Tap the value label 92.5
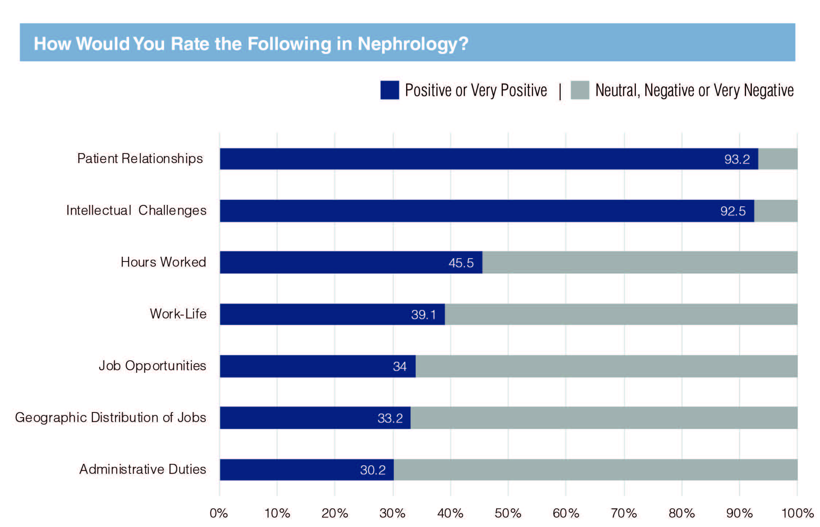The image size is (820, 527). pos(733,211)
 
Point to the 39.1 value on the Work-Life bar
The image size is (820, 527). pos(423,314)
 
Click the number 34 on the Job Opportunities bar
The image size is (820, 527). pos(400,366)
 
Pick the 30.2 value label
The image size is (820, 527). pos(373,470)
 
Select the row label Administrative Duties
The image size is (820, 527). pos(143,469)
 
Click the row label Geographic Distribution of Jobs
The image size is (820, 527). pos(110,417)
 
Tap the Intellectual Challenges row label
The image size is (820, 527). pos(136,210)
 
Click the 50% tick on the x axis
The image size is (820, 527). pos(508,514)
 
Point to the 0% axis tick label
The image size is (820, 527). pos(219,514)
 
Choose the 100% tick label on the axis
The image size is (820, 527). pos(797,514)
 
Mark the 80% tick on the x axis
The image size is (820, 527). pos(681,514)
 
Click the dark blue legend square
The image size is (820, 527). pos(389,90)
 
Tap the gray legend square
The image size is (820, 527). pos(580,90)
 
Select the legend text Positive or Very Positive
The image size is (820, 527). pos(476,90)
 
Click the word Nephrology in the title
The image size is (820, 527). pos(408,44)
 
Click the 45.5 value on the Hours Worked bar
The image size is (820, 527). pos(461,263)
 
